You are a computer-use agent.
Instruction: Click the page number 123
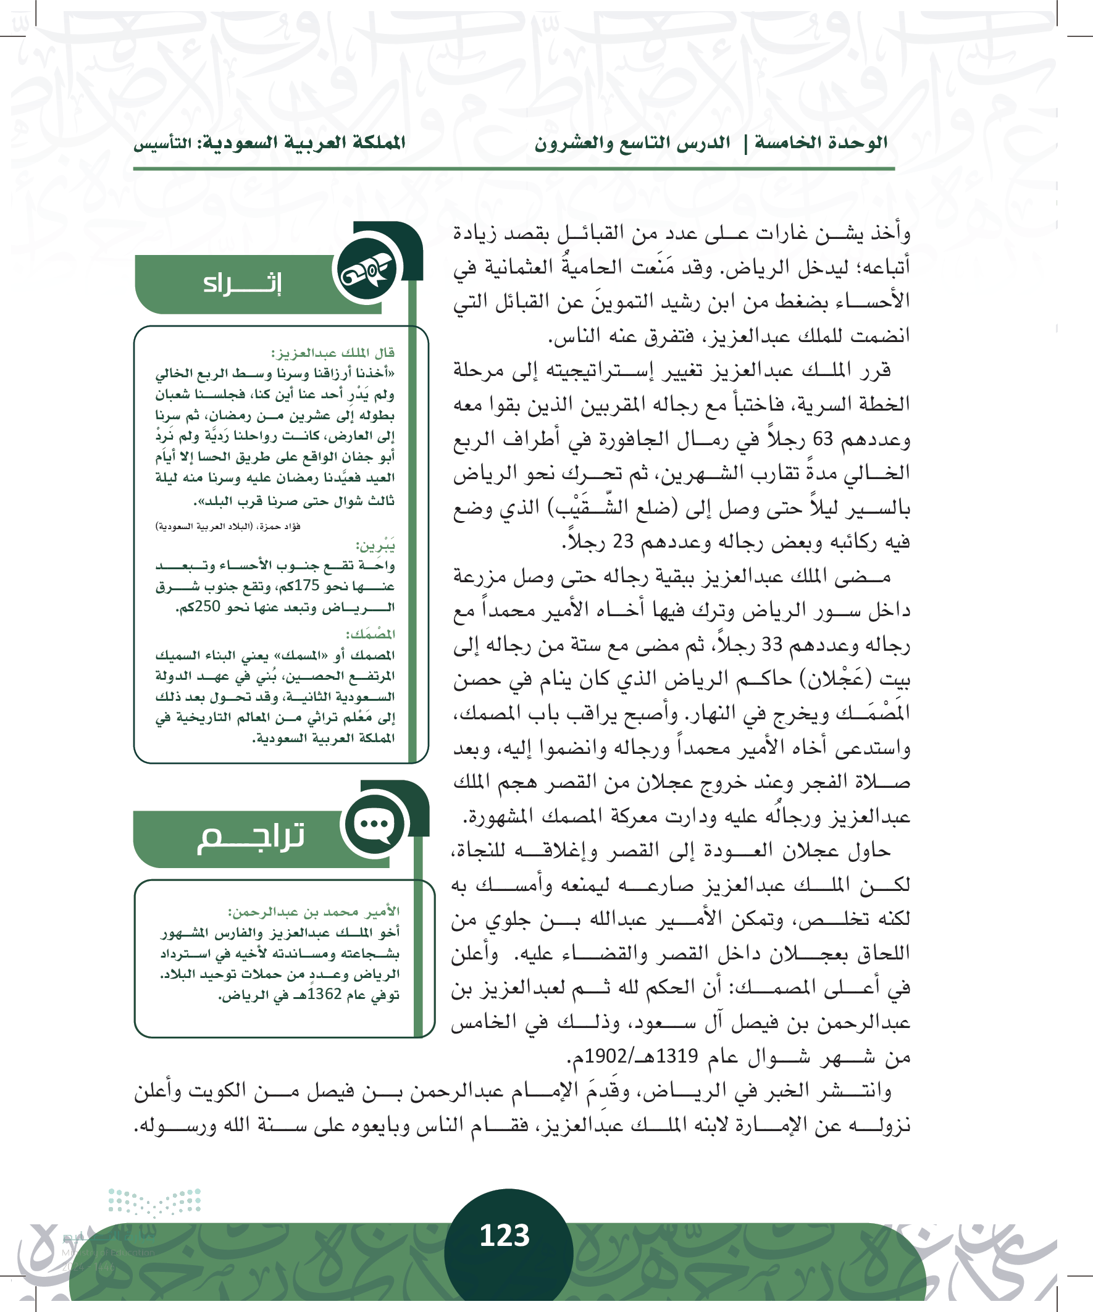505,1235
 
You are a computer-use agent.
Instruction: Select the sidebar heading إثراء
242,283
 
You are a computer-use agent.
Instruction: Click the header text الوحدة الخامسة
821,143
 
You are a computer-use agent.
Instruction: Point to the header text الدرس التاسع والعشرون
632,143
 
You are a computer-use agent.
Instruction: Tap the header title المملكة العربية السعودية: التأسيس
269,143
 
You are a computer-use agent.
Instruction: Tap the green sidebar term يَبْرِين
375,546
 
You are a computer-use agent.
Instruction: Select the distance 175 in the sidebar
306,585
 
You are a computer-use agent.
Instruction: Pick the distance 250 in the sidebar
207,606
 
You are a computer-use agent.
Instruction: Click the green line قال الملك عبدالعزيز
332,353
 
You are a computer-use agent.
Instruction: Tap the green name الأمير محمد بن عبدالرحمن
313,911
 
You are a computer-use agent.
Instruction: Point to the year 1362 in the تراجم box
324,994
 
